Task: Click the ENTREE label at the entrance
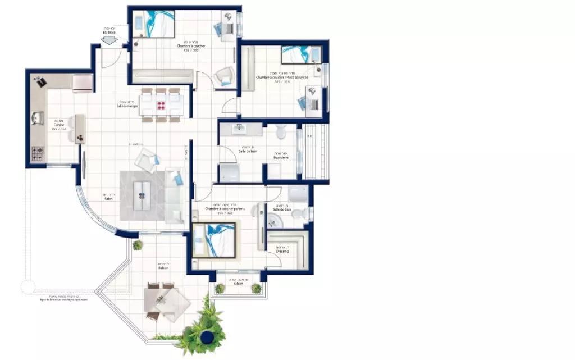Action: pos(109,33)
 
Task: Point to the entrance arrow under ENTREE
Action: pos(109,40)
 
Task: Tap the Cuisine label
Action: pos(59,125)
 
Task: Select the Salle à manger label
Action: pos(127,106)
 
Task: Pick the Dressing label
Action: pos(282,251)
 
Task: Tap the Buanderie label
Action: pos(281,157)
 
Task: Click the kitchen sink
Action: pos(38,118)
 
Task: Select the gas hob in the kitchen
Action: pos(39,152)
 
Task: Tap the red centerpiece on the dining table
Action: pos(162,104)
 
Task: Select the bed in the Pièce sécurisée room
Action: pos(300,54)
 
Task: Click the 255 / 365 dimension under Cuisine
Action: pos(59,129)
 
